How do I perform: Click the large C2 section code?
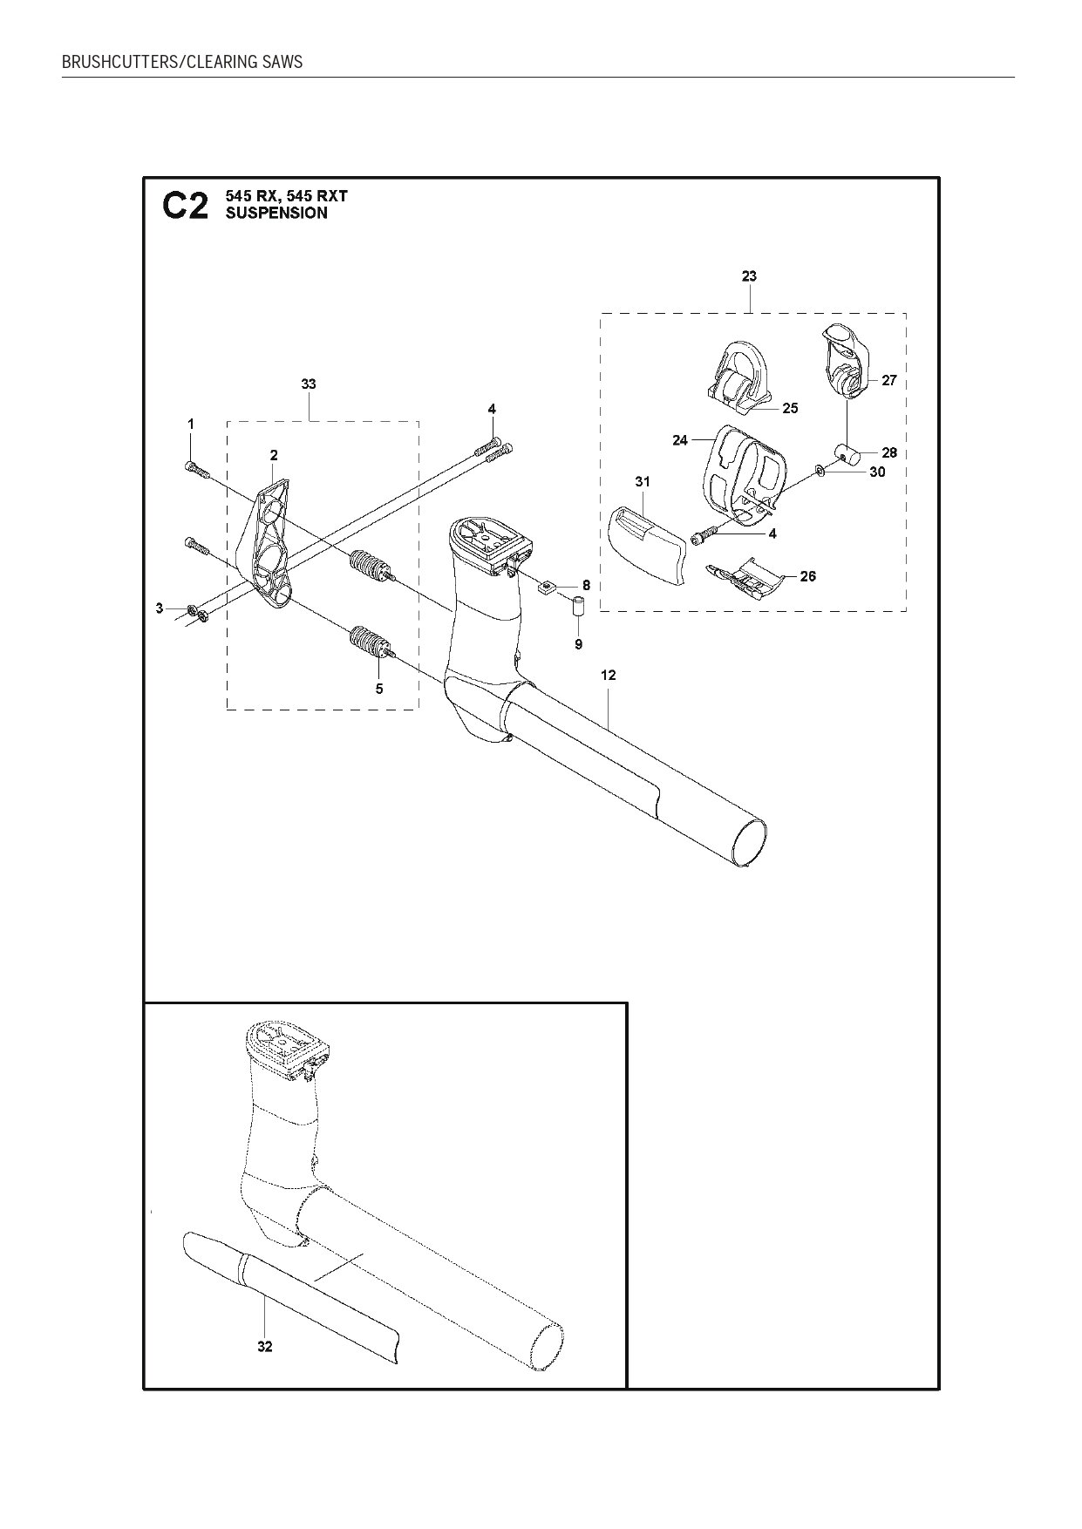coord(186,206)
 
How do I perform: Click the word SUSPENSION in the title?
coord(276,214)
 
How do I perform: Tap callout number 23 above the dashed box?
coord(749,276)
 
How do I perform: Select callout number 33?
coord(308,384)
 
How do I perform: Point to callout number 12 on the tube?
coord(609,675)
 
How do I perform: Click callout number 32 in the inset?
coord(265,1347)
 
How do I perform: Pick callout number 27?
coord(889,381)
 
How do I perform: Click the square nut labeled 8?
coord(548,586)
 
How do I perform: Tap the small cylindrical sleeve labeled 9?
coord(577,607)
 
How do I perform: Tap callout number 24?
coord(680,441)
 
